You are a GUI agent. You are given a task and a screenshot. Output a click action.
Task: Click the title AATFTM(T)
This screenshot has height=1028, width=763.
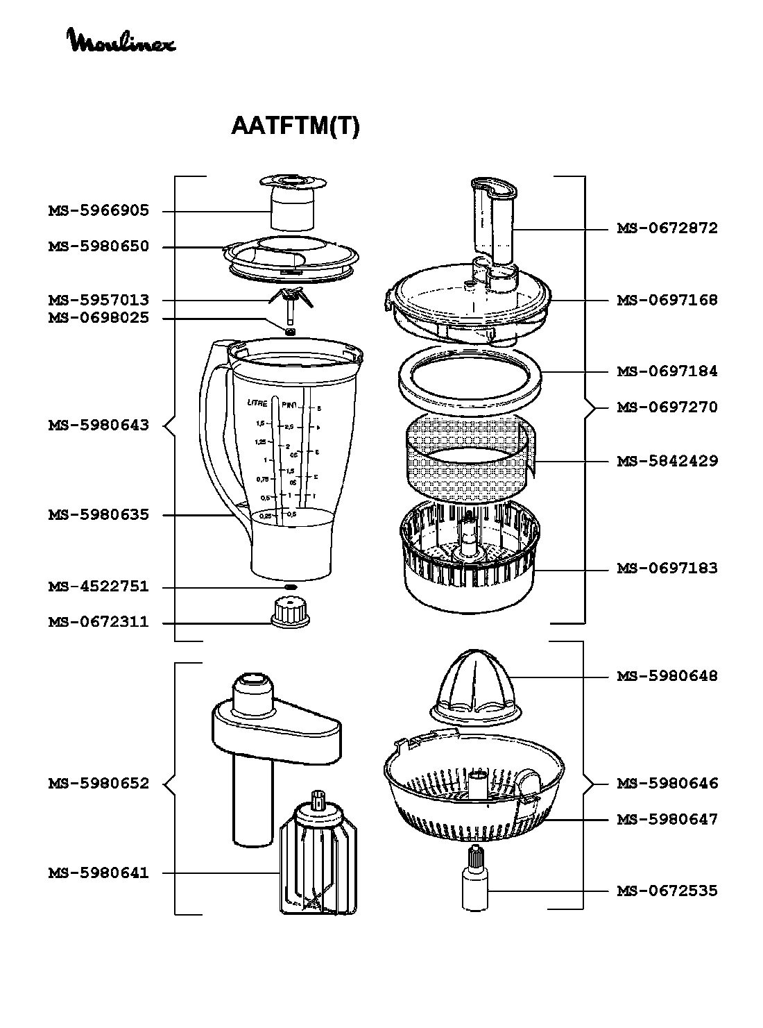(295, 126)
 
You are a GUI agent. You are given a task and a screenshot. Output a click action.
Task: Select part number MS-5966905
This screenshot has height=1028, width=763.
(98, 211)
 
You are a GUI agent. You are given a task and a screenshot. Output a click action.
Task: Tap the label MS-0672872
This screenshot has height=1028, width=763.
(667, 228)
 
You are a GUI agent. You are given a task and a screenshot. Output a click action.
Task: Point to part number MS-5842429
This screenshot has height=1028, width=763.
(667, 461)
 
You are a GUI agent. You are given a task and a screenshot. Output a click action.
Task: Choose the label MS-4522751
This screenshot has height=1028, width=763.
(98, 587)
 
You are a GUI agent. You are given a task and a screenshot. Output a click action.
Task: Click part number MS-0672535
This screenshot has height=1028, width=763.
(667, 891)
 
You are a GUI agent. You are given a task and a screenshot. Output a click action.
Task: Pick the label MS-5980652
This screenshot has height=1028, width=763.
(98, 784)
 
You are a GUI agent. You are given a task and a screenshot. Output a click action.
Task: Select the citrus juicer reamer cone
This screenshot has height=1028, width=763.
(477, 689)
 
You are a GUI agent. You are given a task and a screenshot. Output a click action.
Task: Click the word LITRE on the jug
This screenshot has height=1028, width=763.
(257, 403)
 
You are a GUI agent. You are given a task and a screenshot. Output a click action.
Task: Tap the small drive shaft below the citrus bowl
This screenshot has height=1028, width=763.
(476, 880)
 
